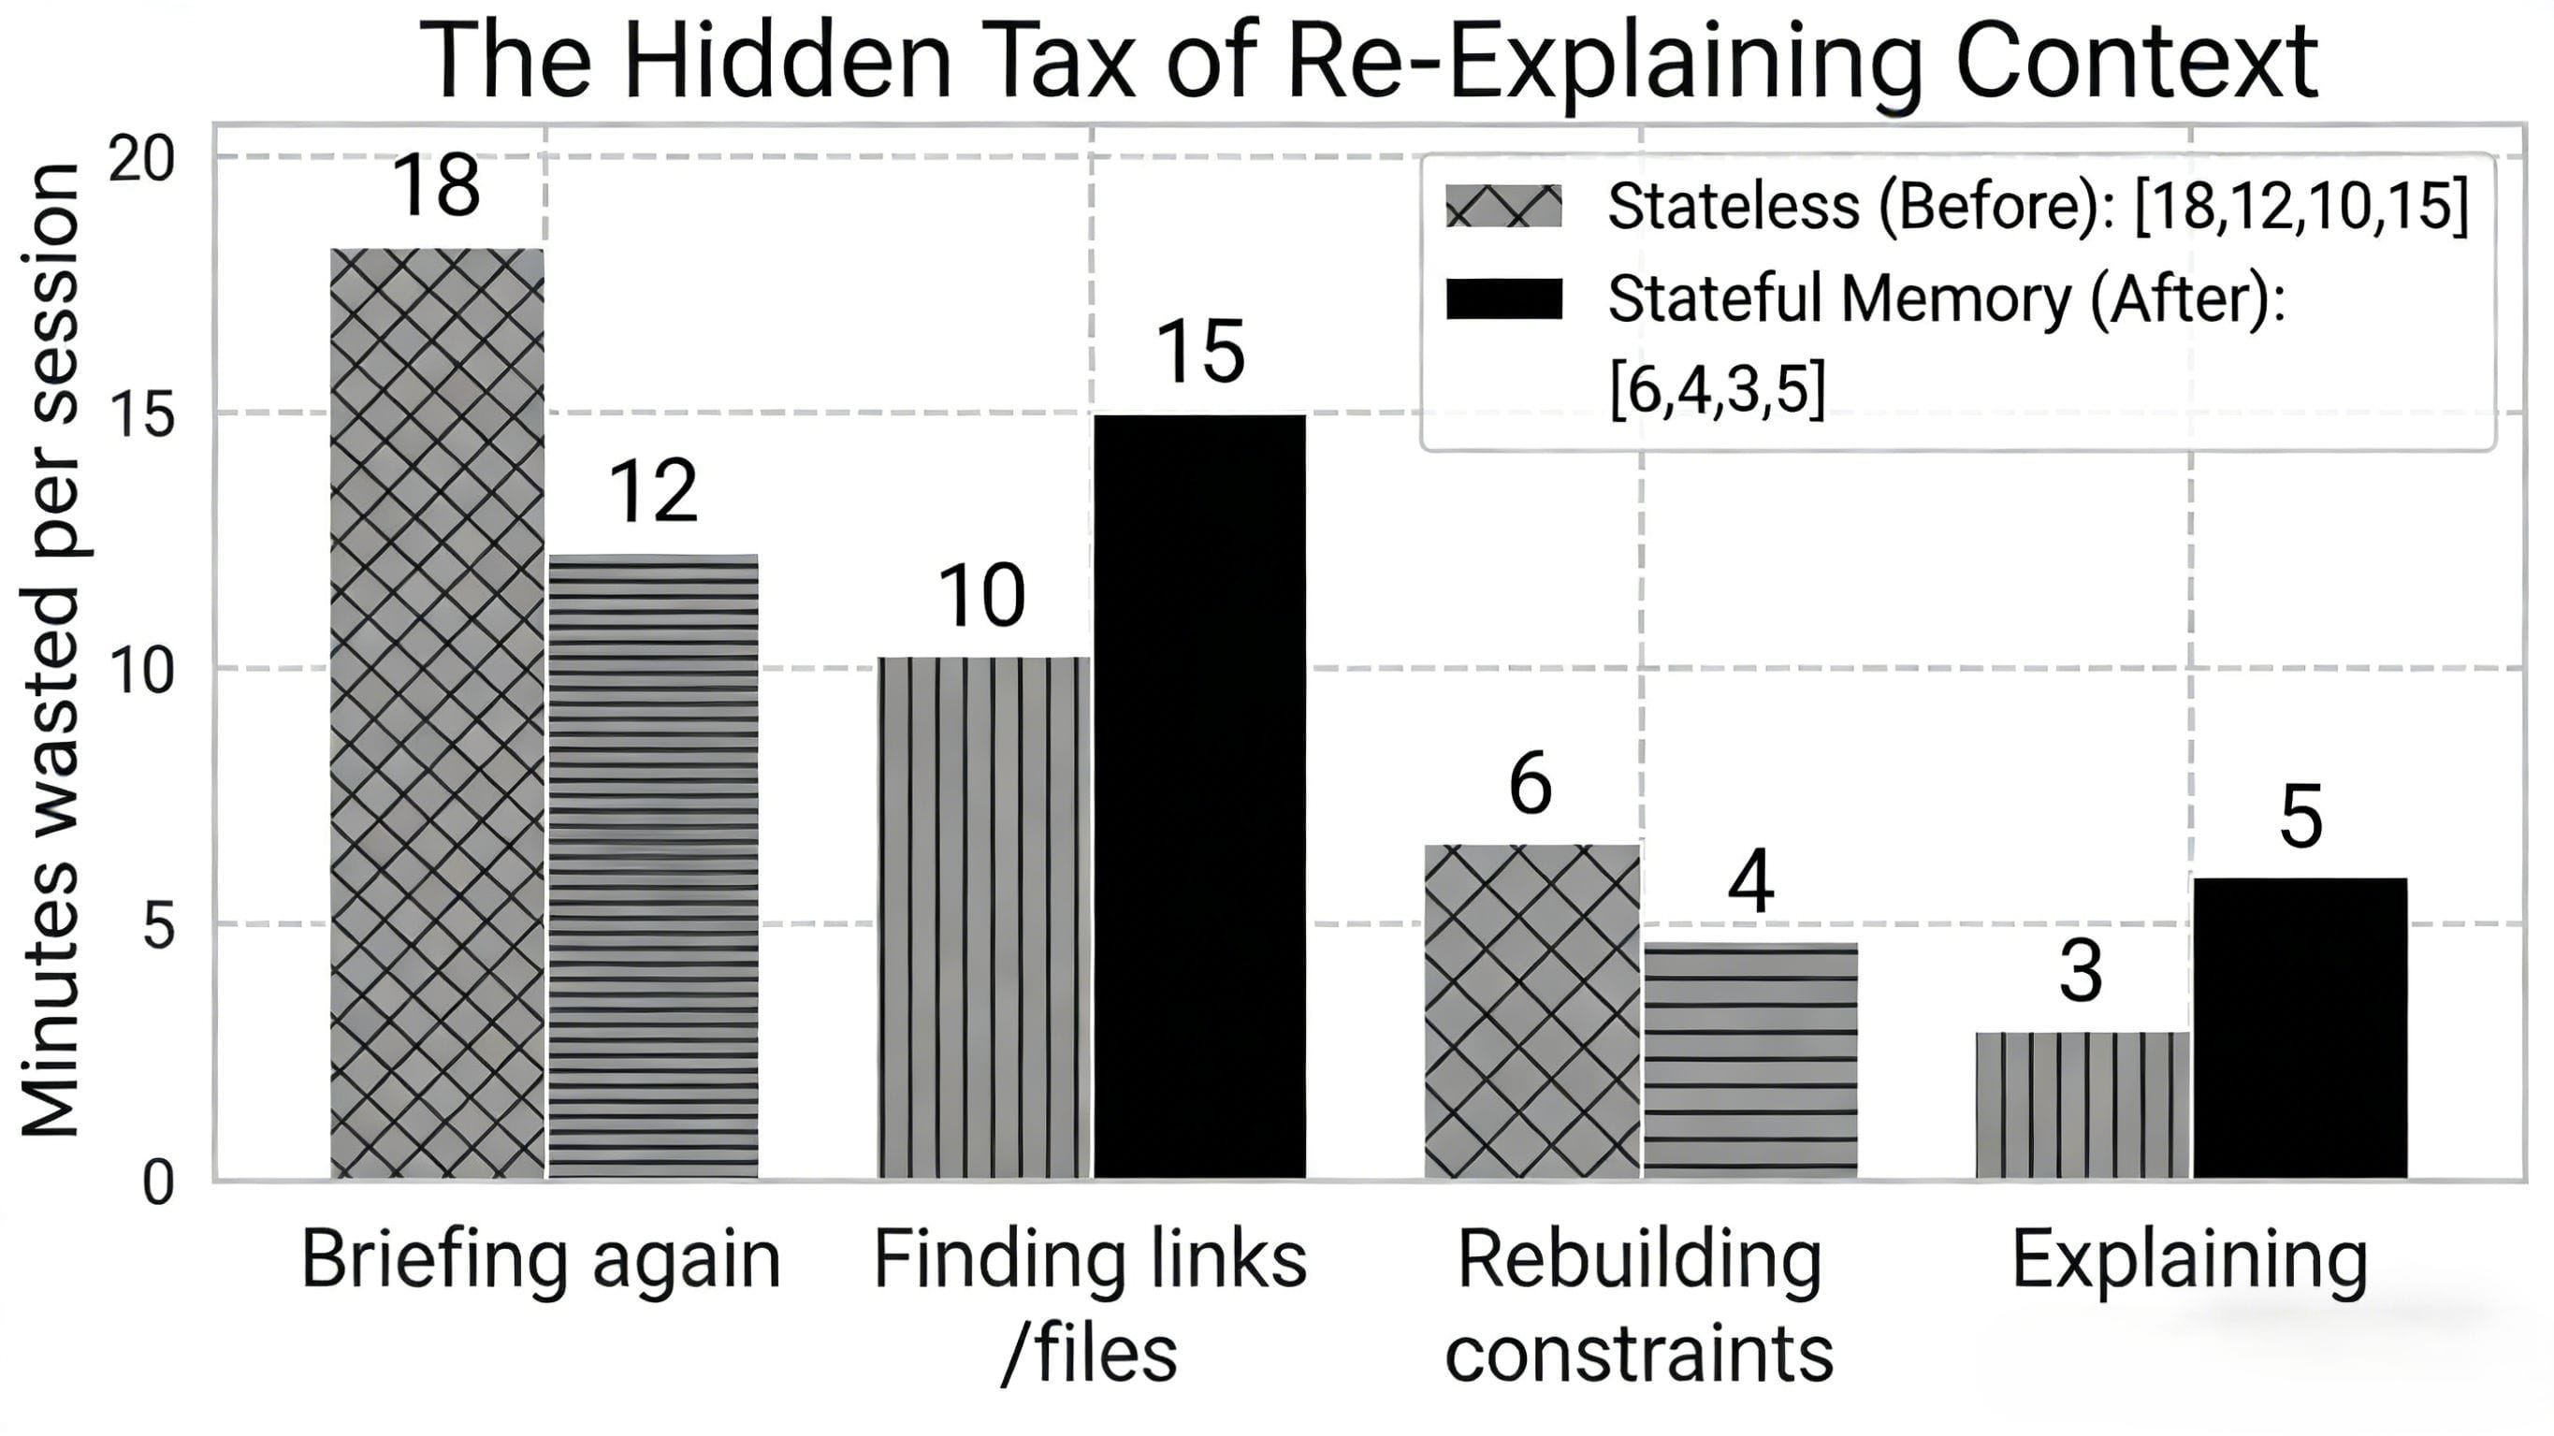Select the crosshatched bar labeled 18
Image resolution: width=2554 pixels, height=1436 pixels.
[x=437, y=714]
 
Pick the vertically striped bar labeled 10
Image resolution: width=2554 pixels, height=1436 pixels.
[x=983, y=918]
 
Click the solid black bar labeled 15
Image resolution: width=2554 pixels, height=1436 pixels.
[x=1199, y=796]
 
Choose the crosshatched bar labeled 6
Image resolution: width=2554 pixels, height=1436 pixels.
[x=1531, y=1011]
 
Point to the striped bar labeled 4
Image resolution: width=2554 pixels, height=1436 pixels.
[x=1750, y=1060]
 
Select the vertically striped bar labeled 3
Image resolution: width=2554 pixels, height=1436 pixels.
[x=2082, y=1105]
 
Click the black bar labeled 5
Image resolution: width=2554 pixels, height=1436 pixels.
[x=2300, y=1028]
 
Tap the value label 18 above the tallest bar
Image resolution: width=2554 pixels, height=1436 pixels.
[x=436, y=185]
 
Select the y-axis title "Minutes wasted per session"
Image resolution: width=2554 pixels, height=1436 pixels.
[x=50, y=649]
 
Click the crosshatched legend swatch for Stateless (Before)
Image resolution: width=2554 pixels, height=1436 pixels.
[x=1503, y=206]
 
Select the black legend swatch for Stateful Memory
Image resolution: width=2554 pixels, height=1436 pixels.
[x=1503, y=298]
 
